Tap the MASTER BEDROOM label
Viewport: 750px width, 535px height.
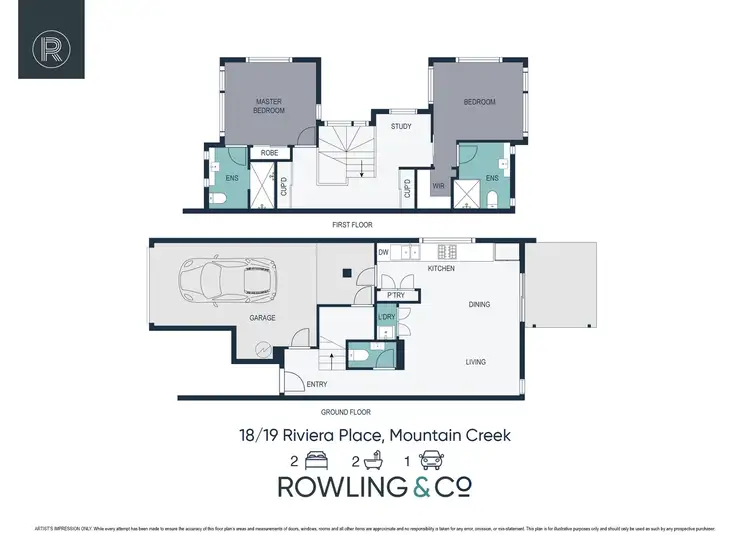click(x=270, y=106)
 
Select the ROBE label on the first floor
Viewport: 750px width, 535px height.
click(x=269, y=153)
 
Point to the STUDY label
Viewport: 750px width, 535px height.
click(x=401, y=127)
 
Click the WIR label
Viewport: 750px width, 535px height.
click(x=438, y=186)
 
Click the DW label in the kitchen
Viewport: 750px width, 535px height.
click(x=382, y=253)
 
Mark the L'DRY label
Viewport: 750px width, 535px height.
click(x=388, y=317)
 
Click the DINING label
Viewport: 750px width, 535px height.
click(x=480, y=304)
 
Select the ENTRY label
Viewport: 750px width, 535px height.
click(x=316, y=385)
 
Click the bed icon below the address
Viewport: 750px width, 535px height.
click(x=318, y=462)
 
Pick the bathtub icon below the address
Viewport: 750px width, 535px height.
click(x=376, y=462)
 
